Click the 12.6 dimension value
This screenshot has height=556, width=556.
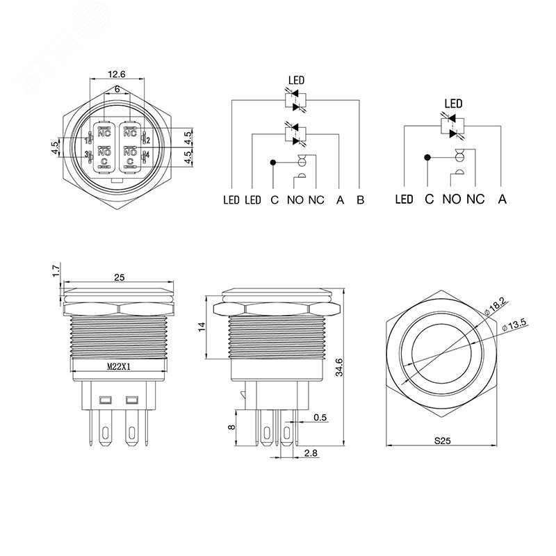117,74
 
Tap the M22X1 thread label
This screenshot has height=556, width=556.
119,367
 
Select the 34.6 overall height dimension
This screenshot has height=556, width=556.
339,367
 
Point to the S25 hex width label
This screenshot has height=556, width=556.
442,441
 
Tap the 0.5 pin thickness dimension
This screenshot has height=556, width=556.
320,418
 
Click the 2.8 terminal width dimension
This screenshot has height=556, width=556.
310,453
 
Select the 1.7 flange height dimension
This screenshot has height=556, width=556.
56,270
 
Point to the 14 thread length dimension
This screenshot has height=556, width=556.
202,327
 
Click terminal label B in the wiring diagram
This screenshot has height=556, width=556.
360,200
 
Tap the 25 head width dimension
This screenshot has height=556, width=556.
119,277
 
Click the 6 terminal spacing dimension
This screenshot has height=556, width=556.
117,89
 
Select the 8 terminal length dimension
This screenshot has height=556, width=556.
231,427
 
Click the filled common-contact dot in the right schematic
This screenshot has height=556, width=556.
427,158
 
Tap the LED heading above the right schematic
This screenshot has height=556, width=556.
453,104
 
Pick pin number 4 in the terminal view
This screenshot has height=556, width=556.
147,155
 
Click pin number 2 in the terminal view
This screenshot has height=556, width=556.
148,140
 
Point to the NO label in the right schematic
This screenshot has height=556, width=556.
451,199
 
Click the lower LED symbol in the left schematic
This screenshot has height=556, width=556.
295,134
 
